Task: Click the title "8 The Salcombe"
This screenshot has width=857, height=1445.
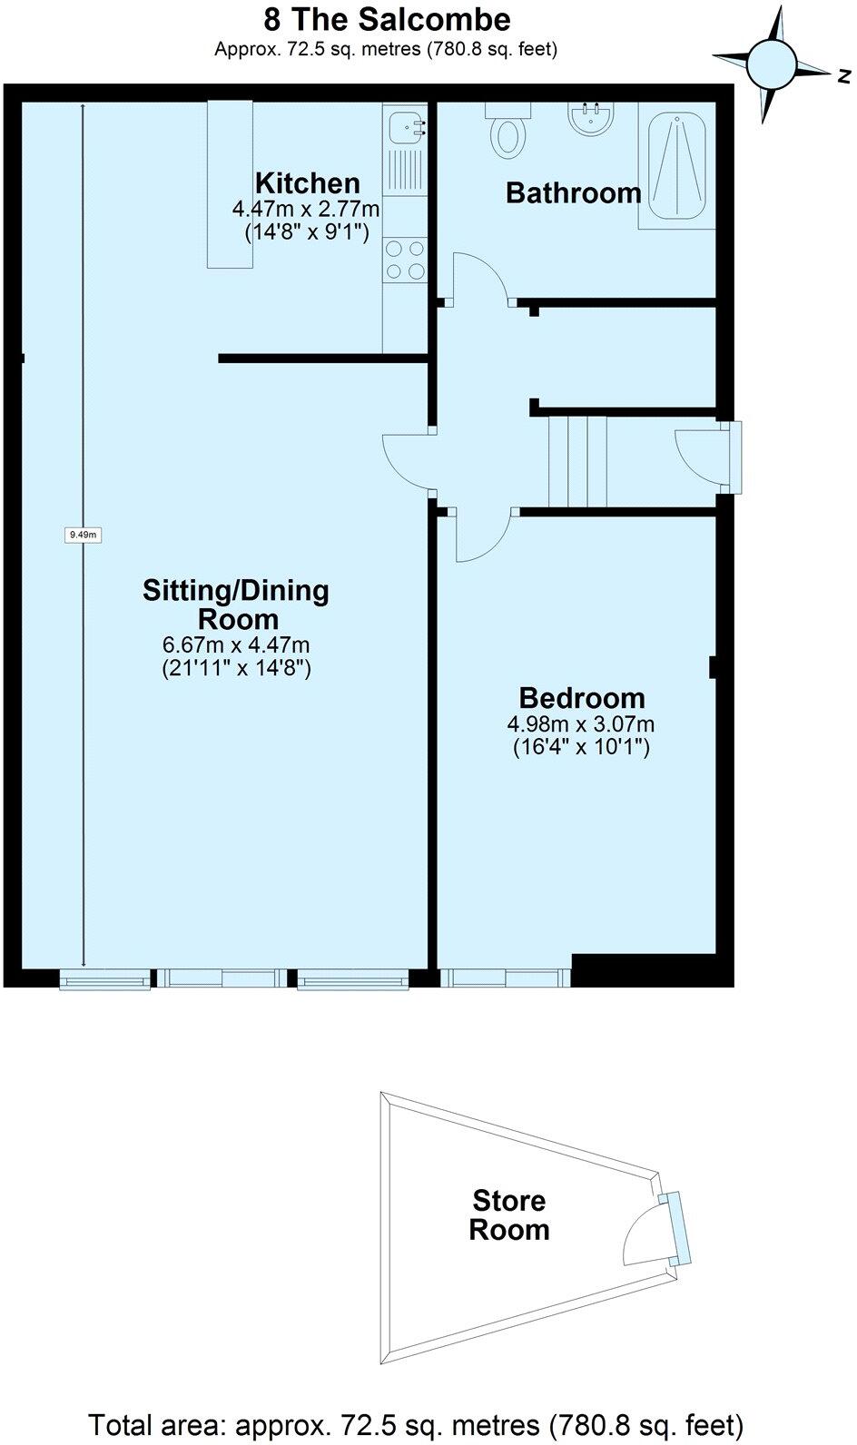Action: coord(386,19)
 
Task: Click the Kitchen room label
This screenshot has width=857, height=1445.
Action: coord(307,182)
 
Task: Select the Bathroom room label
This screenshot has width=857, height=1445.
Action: coord(574,192)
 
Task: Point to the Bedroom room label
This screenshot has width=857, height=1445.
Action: coord(582,698)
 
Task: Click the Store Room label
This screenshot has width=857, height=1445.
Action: coord(509,1215)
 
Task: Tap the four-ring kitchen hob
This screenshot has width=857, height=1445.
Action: coord(404,259)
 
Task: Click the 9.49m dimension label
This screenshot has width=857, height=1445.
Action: coord(84,535)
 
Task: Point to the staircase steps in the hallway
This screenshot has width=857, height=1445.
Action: coord(577,461)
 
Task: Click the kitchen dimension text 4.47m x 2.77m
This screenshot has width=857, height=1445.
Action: coord(306,209)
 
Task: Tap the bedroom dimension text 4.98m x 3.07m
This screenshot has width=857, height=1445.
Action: coord(581,724)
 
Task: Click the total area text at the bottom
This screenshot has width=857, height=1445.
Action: coord(416,1421)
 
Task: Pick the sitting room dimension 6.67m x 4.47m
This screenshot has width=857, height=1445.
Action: coord(236,645)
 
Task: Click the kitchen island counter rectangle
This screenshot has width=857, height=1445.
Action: coord(230,184)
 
